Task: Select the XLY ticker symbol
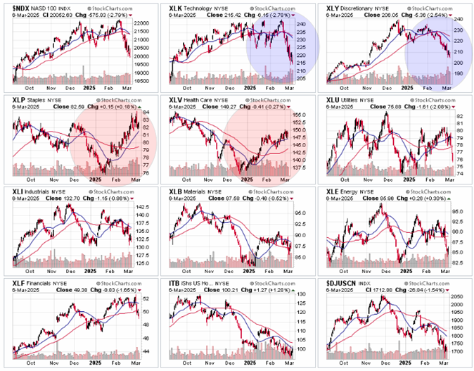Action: tap(334, 8)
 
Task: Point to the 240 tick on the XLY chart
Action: tap(459, 19)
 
